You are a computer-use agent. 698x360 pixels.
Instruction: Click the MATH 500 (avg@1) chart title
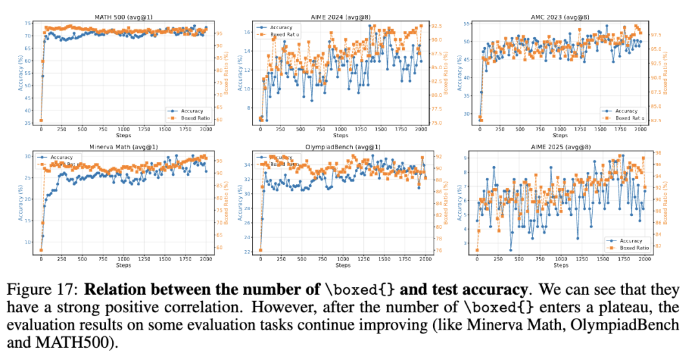(123, 16)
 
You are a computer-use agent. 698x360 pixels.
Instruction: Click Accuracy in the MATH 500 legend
(192, 111)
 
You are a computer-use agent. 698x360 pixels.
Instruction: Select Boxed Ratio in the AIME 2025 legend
(633, 248)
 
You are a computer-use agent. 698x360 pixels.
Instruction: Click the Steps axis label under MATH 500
(123, 135)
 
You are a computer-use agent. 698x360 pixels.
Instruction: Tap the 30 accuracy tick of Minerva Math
(28, 156)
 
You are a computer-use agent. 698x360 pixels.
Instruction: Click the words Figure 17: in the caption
(42, 289)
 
